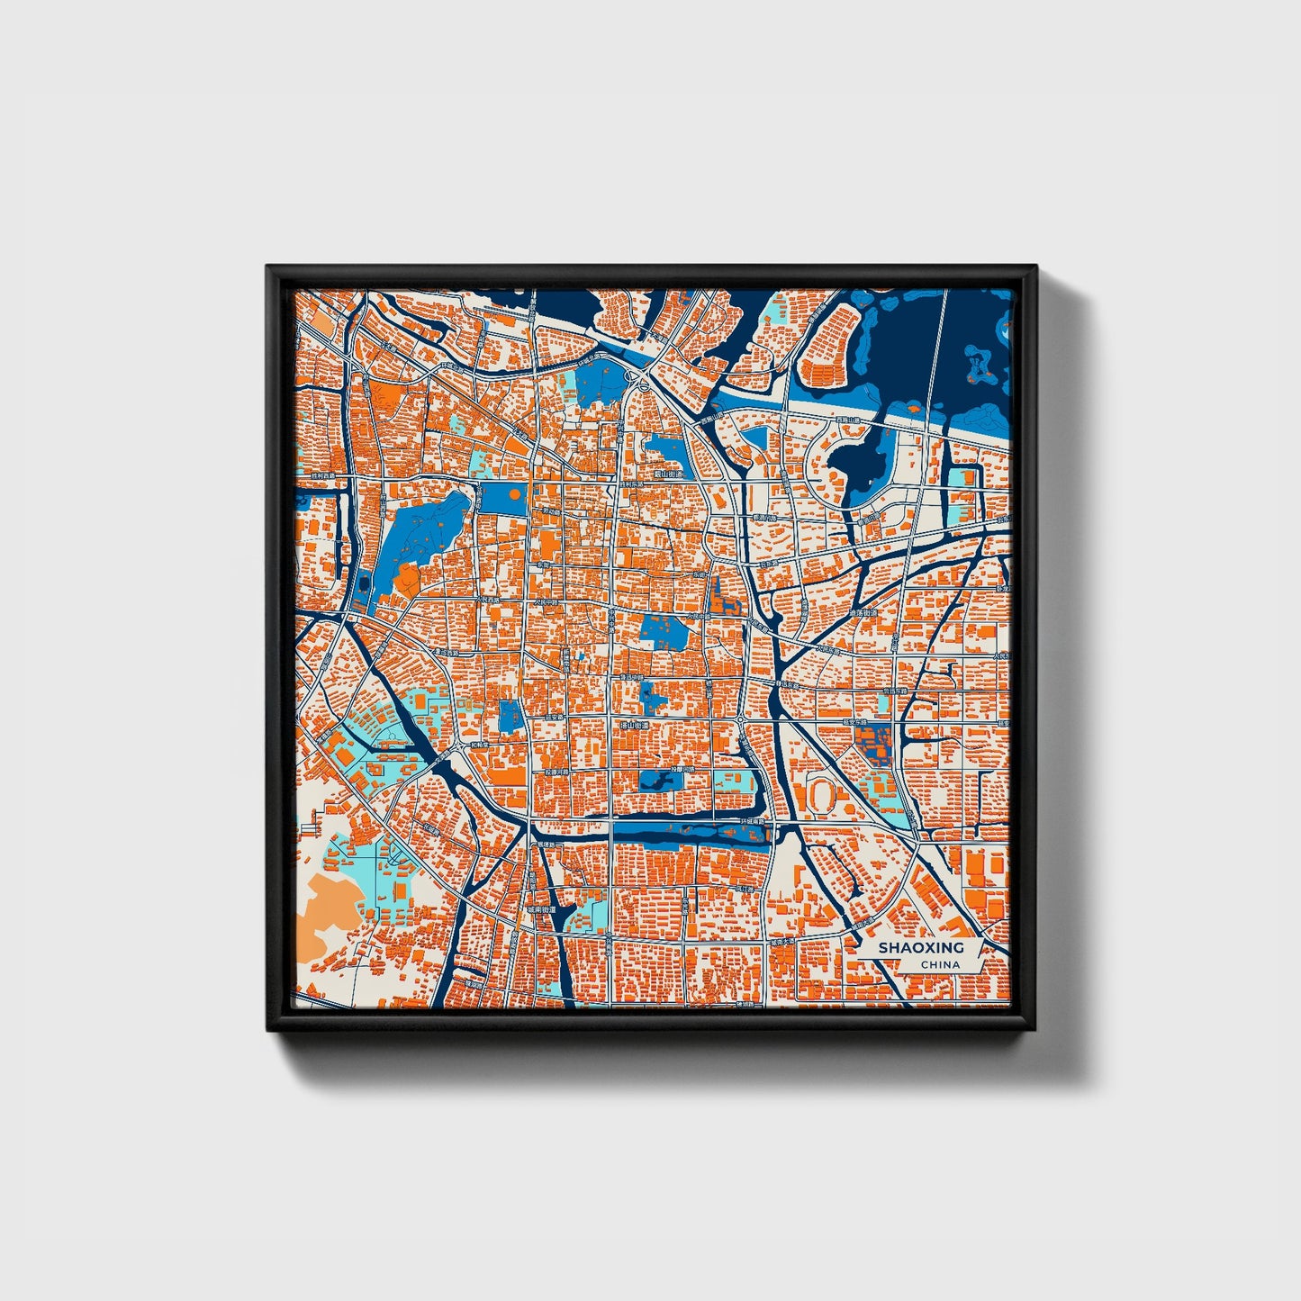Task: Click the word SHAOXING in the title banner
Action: (920, 947)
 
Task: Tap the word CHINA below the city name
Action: (940, 965)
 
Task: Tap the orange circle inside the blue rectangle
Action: (512, 494)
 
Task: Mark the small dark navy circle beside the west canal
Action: (364, 583)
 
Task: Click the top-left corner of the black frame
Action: (268, 268)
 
